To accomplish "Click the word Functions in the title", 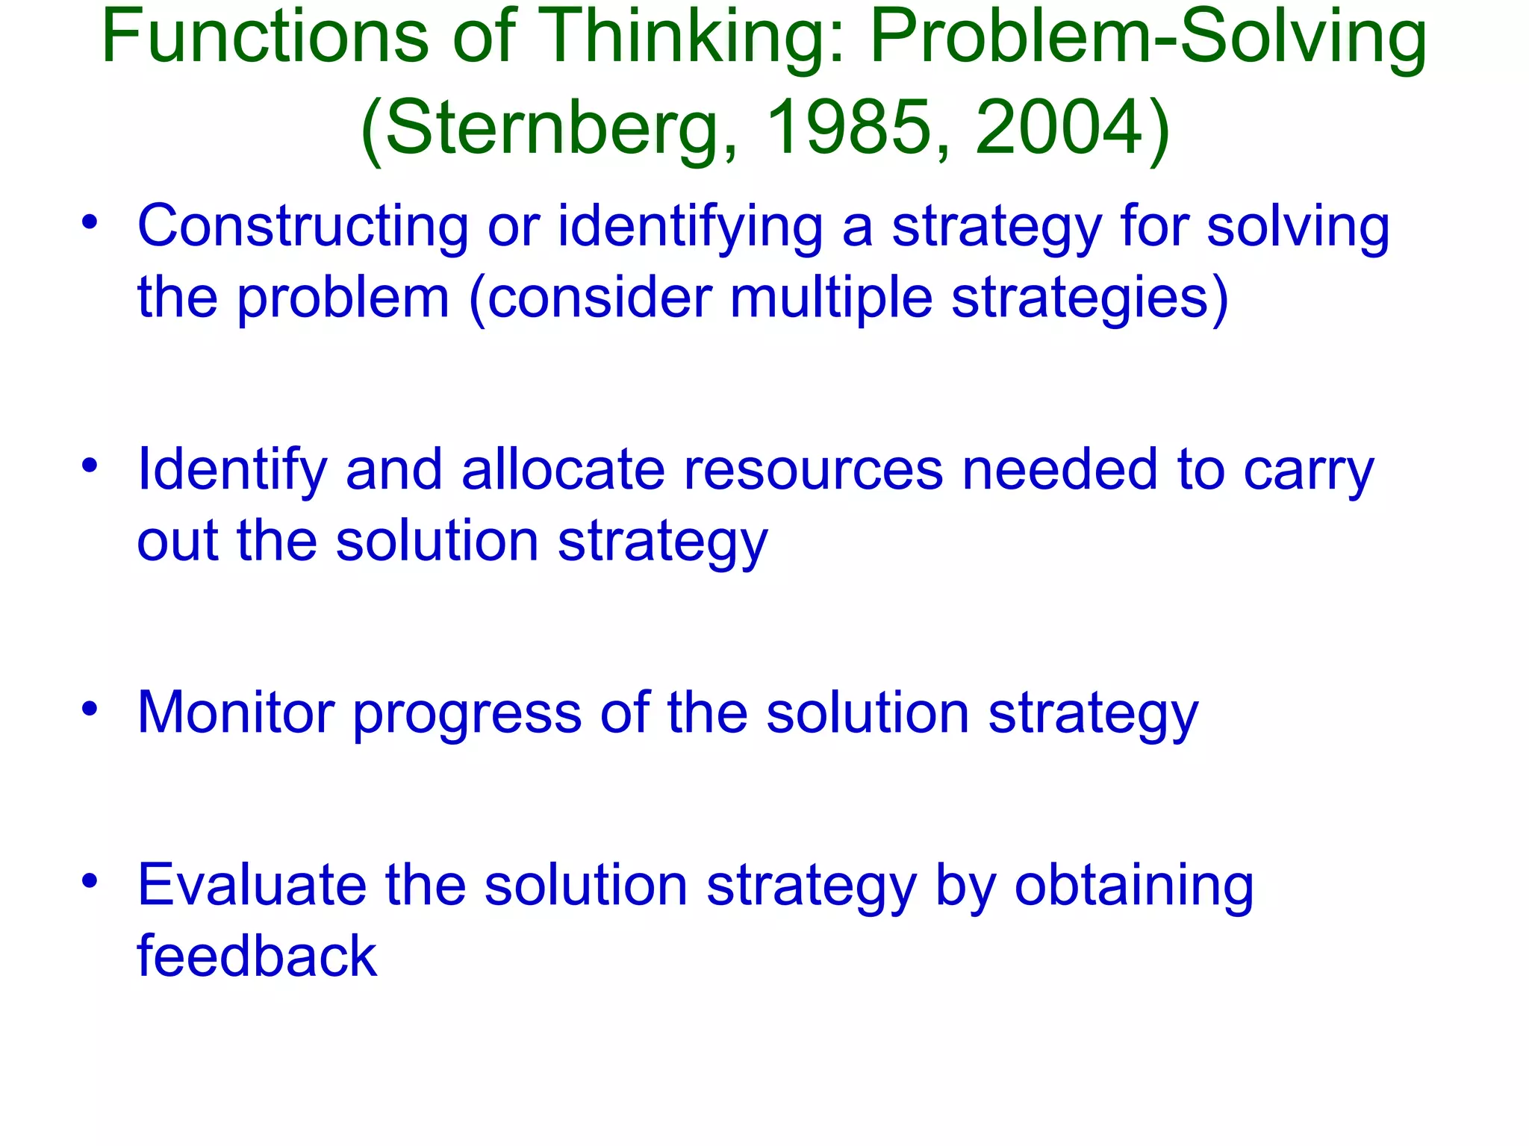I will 265,37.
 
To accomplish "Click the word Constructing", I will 302,227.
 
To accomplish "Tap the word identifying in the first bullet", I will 690,227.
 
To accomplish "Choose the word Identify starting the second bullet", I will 232,470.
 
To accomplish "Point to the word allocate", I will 563,470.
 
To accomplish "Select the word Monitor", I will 235,713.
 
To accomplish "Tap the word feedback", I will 256,956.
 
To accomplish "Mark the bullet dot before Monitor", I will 90,709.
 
